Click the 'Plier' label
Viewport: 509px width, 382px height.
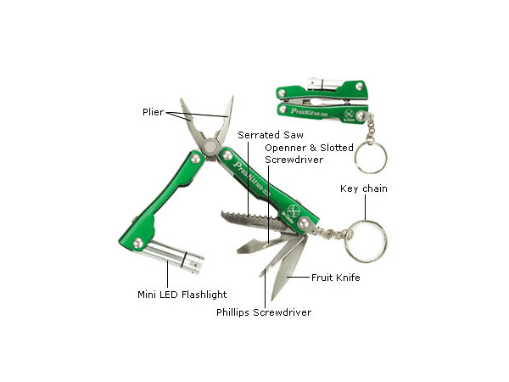(x=154, y=112)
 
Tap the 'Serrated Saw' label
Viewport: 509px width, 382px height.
(x=271, y=135)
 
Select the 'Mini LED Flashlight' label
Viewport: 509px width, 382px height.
(x=182, y=295)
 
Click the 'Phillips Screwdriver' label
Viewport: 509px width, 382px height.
(x=264, y=312)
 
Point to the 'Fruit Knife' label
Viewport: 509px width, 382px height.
(x=336, y=278)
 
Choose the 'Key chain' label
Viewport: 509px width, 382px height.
(x=364, y=188)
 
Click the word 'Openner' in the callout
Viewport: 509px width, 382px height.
(x=286, y=148)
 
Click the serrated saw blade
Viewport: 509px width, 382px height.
(x=252, y=221)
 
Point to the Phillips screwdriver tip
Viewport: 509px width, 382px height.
(x=262, y=272)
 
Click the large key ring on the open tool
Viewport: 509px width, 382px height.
(x=366, y=241)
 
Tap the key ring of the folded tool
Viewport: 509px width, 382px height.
(x=371, y=157)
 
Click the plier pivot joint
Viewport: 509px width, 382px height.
(x=210, y=146)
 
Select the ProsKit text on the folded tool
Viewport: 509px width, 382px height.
(x=309, y=112)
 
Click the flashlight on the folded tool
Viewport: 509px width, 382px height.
(x=324, y=84)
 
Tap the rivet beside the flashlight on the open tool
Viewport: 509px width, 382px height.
(x=138, y=243)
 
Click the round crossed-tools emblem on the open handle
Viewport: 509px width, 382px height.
(x=292, y=210)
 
